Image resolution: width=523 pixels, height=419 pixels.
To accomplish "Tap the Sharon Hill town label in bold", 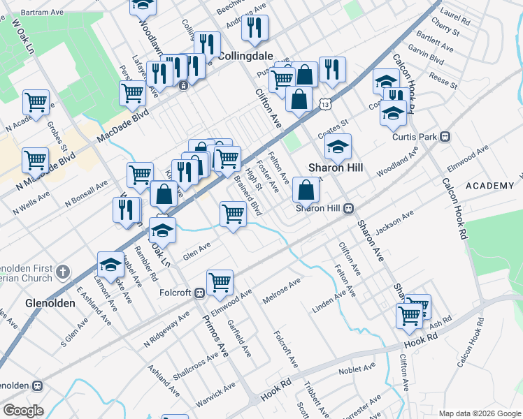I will pyautogui.click(x=336, y=168).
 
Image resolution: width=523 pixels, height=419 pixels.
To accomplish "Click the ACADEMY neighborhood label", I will pyautogui.click(x=489, y=185).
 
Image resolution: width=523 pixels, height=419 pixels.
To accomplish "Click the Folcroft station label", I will pyautogui.click(x=175, y=293).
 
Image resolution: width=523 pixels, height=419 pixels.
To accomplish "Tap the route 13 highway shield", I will pyautogui.click(x=326, y=103).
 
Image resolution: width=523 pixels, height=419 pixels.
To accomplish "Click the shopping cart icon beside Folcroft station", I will pyautogui.click(x=220, y=281).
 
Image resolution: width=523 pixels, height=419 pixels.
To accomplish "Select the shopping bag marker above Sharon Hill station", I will pyautogui.click(x=306, y=189).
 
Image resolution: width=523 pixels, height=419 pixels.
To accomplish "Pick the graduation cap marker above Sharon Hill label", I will pyautogui.click(x=338, y=146).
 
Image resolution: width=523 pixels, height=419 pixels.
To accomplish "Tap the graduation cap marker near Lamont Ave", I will pyautogui.click(x=110, y=263).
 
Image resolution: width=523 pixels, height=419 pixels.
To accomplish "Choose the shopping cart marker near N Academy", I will pyautogui.click(x=36, y=102).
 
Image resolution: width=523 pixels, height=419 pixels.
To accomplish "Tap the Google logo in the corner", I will pyautogui.click(x=23, y=411).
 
